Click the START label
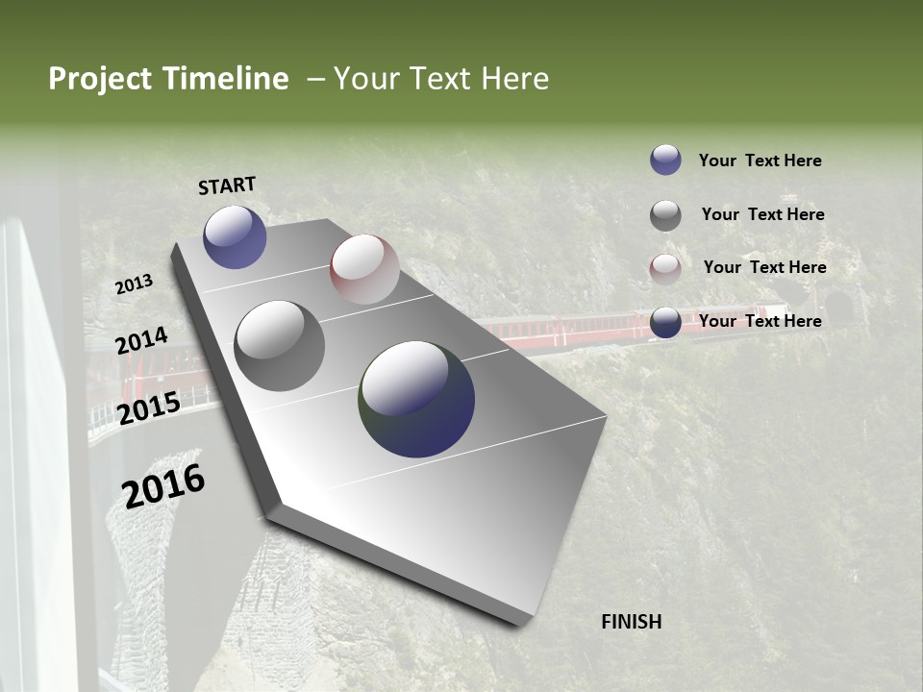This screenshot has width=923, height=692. tap(227, 185)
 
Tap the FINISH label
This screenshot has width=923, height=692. tap(631, 622)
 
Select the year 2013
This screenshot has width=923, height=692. tap(134, 284)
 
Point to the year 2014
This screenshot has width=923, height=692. tap(141, 340)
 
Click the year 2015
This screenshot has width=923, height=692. tap(149, 408)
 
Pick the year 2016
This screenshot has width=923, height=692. tap(163, 485)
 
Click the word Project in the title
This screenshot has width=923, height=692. tap(100, 79)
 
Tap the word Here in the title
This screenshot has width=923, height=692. tap(514, 79)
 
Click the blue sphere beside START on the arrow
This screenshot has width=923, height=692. tap(235, 236)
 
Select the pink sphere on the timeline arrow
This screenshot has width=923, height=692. tap(364, 269)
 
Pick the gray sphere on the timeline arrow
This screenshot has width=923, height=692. tap(279, 345)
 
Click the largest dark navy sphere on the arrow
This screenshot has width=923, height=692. tap(416, 399)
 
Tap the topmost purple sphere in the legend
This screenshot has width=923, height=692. tap(665, 160)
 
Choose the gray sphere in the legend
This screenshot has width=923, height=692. tap(665, 215)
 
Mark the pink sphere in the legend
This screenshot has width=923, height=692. tap(665, 269)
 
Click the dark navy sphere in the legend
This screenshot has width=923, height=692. tap(665, 323)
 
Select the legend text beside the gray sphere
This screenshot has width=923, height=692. tap(762, 214)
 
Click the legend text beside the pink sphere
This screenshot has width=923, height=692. tap(764, 267)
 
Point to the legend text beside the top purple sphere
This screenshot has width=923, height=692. tap(760, 161)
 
